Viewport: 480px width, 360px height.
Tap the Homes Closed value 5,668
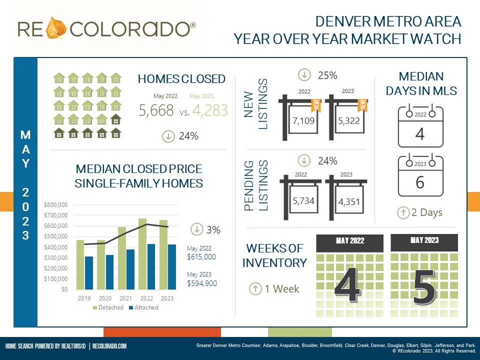coord(156,110)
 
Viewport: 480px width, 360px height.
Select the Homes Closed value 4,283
coord(209,110)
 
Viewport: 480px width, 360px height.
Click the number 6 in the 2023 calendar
coord(420,183)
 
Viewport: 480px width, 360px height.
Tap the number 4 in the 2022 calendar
coord(420,134)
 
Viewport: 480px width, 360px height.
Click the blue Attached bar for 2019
coord(89,272)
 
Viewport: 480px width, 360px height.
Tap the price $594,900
coord(201,283)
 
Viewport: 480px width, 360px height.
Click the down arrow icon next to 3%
coord(197,229)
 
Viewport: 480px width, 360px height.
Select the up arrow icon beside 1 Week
coord(255,288)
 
